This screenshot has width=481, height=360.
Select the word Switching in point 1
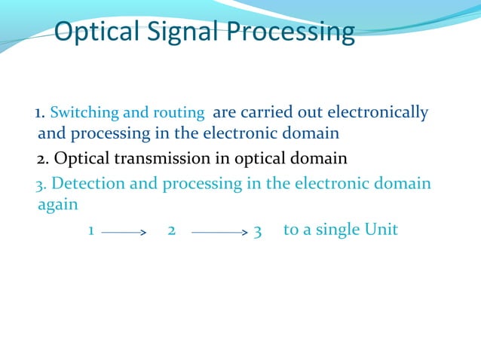84,114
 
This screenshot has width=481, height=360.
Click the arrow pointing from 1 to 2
123,233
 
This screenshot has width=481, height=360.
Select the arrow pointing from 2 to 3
219,233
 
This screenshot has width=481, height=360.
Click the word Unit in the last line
381,230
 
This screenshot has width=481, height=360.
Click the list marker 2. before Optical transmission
43,159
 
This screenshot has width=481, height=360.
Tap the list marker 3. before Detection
42,184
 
